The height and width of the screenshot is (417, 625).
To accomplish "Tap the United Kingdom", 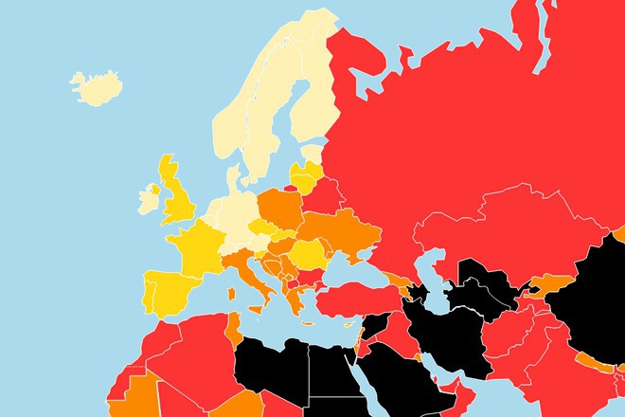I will pos(178,200).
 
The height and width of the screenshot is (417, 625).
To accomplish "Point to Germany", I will pos(237,218).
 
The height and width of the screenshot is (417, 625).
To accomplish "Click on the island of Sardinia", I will pos(230,299).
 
